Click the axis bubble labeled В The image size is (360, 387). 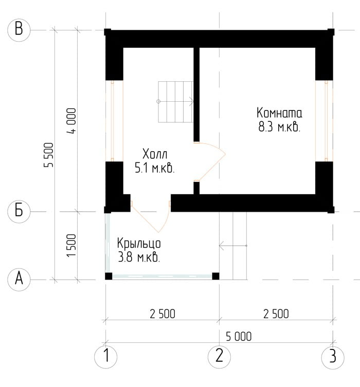coord(19,30)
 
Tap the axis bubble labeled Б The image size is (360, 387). coord(19,212)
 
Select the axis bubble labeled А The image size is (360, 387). coord(19,280)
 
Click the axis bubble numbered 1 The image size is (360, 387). coord(106,357)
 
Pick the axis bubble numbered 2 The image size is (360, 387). coord(219,357)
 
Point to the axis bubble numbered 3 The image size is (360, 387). coord(333,357)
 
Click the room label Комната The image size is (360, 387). coord(279,113)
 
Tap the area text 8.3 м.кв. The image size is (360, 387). coord(279,127)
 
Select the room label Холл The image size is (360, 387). coord(155,154)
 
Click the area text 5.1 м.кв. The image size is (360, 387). coord(155,169)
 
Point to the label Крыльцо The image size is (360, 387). coord(139,243)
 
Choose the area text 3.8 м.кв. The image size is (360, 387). coord(139,257)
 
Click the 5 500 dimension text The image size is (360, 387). coord(49,155)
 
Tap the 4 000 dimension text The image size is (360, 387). coord(71,121)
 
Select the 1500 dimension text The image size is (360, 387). coord(71,246)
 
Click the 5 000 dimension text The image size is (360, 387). coord(239,337)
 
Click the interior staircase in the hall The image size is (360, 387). coord(175,102)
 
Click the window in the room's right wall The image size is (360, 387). coord(324,121)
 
